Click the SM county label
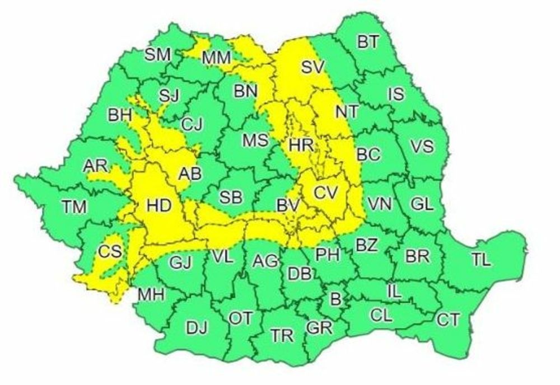coord(157,54)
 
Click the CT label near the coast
coord(448,320)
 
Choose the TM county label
coord(74,207)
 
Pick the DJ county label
coord(197,328)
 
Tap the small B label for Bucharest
coord(335,299)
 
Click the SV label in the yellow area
coord(313,67)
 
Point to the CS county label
coord(110,252)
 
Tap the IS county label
coord(396,93)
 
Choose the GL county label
coord(422,204)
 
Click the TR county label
coord(282,336)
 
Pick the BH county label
coord(120,116)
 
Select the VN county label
coord(380,204)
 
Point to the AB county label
coord(189,175)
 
